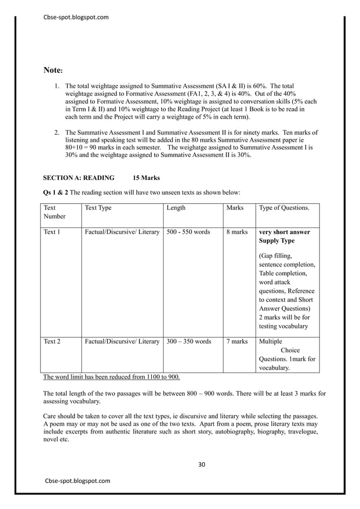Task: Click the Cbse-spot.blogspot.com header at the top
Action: [x=76, y=17]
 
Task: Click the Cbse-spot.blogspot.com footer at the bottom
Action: [x=78, y=480]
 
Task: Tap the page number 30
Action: [x=202, y=464]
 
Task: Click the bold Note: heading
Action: [x=54, y=71]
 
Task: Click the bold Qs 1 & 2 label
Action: [x=56, y=192]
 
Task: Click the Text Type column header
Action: [x=98, y=208]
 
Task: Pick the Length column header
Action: [x=176, y=208]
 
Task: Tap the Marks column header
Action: [x=235, y=208]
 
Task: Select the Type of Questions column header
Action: [x=284, y=208]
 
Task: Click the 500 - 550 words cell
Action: [x=188, y=232]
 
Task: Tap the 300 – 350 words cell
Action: [x=189, y=341]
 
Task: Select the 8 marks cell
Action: [x=237, y=232]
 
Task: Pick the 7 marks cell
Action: [x=237, y=341]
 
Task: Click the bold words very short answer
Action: [x=284, y=232]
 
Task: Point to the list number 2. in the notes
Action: [x=57, y=132]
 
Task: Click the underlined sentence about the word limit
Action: [x=112, y=377]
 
